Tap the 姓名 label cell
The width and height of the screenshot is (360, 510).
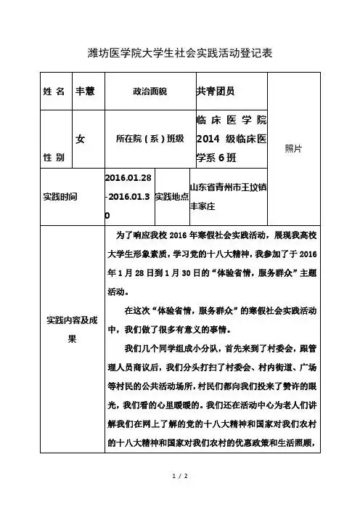(54, 92)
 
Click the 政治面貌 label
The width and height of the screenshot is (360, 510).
(150, 92)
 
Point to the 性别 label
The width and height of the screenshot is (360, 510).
(54, 156)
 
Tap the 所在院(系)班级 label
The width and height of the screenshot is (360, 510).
(150, 138)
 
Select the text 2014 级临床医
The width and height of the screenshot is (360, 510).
(231, 138)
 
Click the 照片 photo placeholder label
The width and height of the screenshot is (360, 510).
(294, 147)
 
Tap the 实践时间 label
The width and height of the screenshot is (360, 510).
(62, 197)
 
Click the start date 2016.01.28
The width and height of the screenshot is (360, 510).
(128, 179)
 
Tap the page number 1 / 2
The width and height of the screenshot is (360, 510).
(179, 475)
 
